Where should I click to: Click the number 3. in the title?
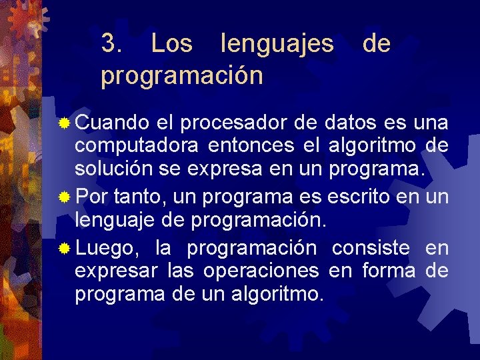click(x=111, y=44)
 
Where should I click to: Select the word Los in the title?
click(x=172, y=44)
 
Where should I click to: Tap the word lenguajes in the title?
click(x=277, y=44)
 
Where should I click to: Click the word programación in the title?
click(x=182, y=76)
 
